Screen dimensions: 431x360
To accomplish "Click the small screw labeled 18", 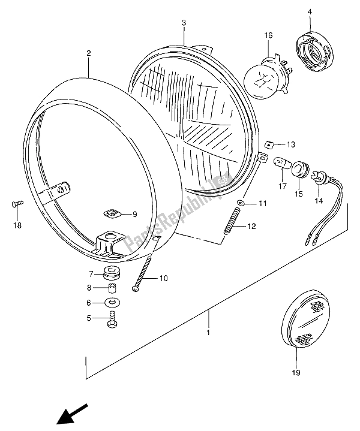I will click(x=17, y=205).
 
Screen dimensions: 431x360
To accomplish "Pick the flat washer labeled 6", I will click(x=112, y=303).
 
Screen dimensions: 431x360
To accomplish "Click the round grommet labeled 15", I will click(x=298, y=171).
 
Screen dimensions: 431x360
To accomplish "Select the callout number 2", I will click(x=88, y=53).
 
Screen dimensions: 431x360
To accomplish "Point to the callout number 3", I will click(x=185, y=23).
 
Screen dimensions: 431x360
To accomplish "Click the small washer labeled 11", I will click(x=240, y=204).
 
